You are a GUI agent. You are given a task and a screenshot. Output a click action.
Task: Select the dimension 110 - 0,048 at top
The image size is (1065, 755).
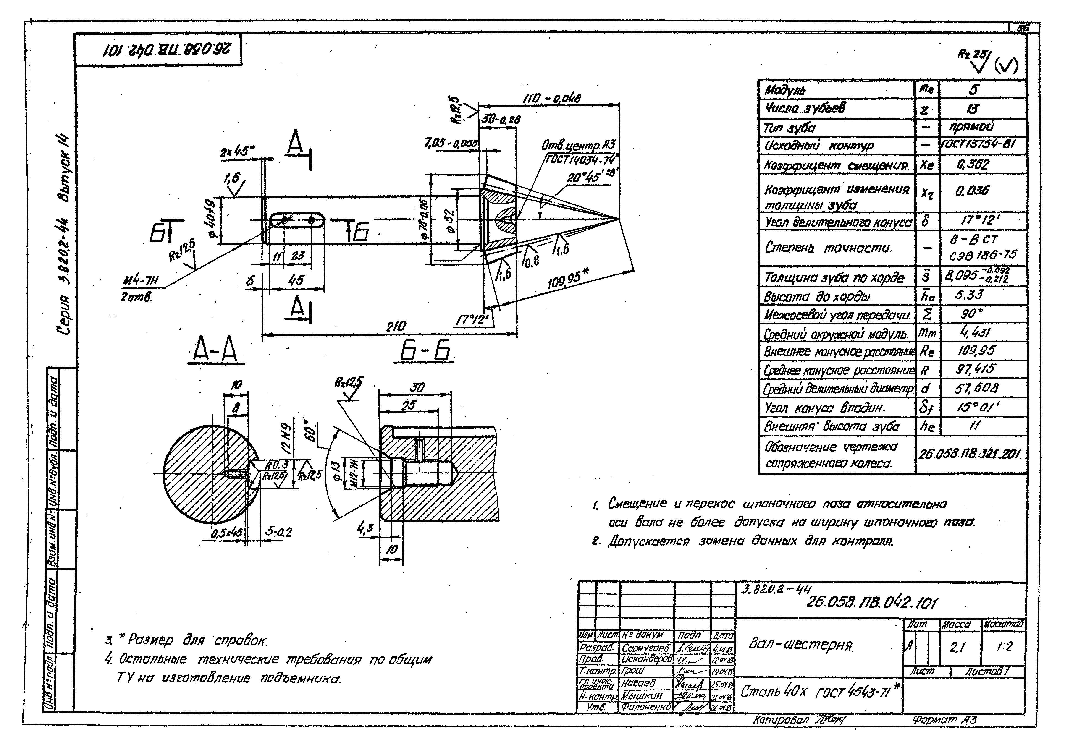[x=552, y=98]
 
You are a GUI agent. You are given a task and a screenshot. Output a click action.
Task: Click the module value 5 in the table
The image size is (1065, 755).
[x=973, y=89]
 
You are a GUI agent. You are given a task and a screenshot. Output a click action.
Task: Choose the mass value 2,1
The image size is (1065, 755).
[x=959, y=647]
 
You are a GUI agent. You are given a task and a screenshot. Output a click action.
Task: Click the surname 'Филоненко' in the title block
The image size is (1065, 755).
[x=646, y=707]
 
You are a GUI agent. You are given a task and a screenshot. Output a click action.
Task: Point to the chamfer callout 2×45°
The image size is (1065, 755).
[x=237, y=152]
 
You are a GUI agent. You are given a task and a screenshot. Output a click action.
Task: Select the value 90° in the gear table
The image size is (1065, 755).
[x=972, y=314]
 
